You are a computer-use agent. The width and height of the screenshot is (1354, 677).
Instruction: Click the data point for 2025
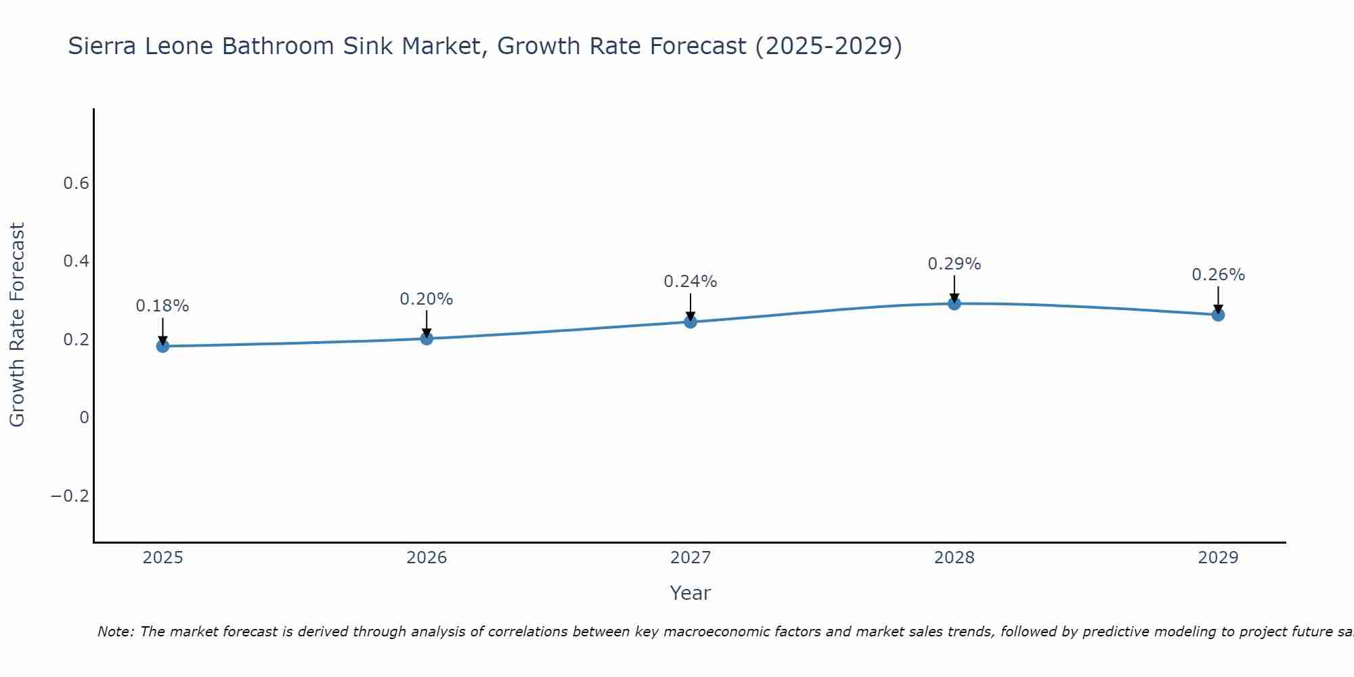click(x=162, y=346)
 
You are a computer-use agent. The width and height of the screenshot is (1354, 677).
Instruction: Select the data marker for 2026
click(x=427, y=338)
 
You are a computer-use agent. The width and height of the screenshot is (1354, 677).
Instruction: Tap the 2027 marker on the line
click(x=691, y=322)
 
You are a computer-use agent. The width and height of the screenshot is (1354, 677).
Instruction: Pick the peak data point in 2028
click(x=954, y=303)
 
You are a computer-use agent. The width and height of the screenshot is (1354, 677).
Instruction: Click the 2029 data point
click(x=1218, y=314)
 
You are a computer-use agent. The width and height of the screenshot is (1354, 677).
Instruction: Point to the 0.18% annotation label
click(x=162, y=306)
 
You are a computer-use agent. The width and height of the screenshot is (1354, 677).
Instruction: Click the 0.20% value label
click(x=427, y=299)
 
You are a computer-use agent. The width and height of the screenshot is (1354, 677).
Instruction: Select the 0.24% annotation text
click(x=691, y=282)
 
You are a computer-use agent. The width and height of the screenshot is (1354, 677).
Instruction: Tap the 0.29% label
click(x=954, y=264)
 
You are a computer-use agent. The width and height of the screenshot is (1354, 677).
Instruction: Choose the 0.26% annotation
click(x=1218, y=275)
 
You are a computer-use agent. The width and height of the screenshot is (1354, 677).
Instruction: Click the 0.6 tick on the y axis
click(x=77, y=183)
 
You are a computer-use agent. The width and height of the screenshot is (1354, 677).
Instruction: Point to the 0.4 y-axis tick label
click(x=77, y=261)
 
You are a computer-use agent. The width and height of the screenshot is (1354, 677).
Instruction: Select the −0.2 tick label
click(x=70, y=496)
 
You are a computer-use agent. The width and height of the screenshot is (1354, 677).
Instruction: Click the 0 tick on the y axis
click(x=85, y=418)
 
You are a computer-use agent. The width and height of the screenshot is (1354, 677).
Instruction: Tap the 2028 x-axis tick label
click(x=954, y=558)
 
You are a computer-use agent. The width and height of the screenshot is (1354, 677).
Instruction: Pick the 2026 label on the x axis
click(x=427, y=558)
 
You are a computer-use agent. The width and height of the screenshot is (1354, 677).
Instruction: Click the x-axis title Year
click(x=690, y=593)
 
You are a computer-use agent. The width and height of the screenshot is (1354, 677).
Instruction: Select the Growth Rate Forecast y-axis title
click(x=17, y=324)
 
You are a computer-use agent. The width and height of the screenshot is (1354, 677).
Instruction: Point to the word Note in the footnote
click(x=115, y=632)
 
